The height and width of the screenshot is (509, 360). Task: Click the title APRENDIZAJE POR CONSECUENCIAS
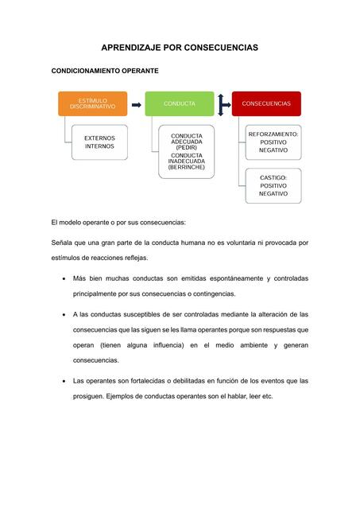(x=180, y=49)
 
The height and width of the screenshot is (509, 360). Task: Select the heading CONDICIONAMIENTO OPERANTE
(x=105, y=72)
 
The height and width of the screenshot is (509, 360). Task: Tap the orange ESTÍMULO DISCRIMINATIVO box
(x=92, y=103)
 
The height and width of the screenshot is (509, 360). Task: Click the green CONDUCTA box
(x=179, y=103)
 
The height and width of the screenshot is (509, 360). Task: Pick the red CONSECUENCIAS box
(x=266, y=103)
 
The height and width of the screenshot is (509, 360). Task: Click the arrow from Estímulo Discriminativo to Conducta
(x=136, y=104)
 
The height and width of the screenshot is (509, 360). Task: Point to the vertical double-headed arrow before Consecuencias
(x=222, y=103)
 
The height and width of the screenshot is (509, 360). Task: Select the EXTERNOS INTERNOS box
(x=99, y=142)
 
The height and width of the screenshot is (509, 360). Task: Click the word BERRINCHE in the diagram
(x=187, y=168)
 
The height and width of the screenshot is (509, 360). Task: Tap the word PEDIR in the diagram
(x=187, y=148)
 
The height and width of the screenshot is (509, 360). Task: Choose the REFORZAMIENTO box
(x=273, y=142)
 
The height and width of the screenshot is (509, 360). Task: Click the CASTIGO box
(x=273, y=185)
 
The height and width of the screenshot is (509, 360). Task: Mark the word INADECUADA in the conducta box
(x=187, y=161)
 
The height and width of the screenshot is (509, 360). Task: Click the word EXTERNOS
(x=99, y=138)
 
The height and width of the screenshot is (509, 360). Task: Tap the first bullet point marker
(x=64, y=279)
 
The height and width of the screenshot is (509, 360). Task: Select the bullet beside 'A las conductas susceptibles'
(x=64, y=315)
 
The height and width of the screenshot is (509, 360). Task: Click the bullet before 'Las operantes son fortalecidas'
(x=64, y=381)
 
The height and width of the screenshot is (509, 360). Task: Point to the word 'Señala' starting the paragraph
(x=63, y=242)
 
